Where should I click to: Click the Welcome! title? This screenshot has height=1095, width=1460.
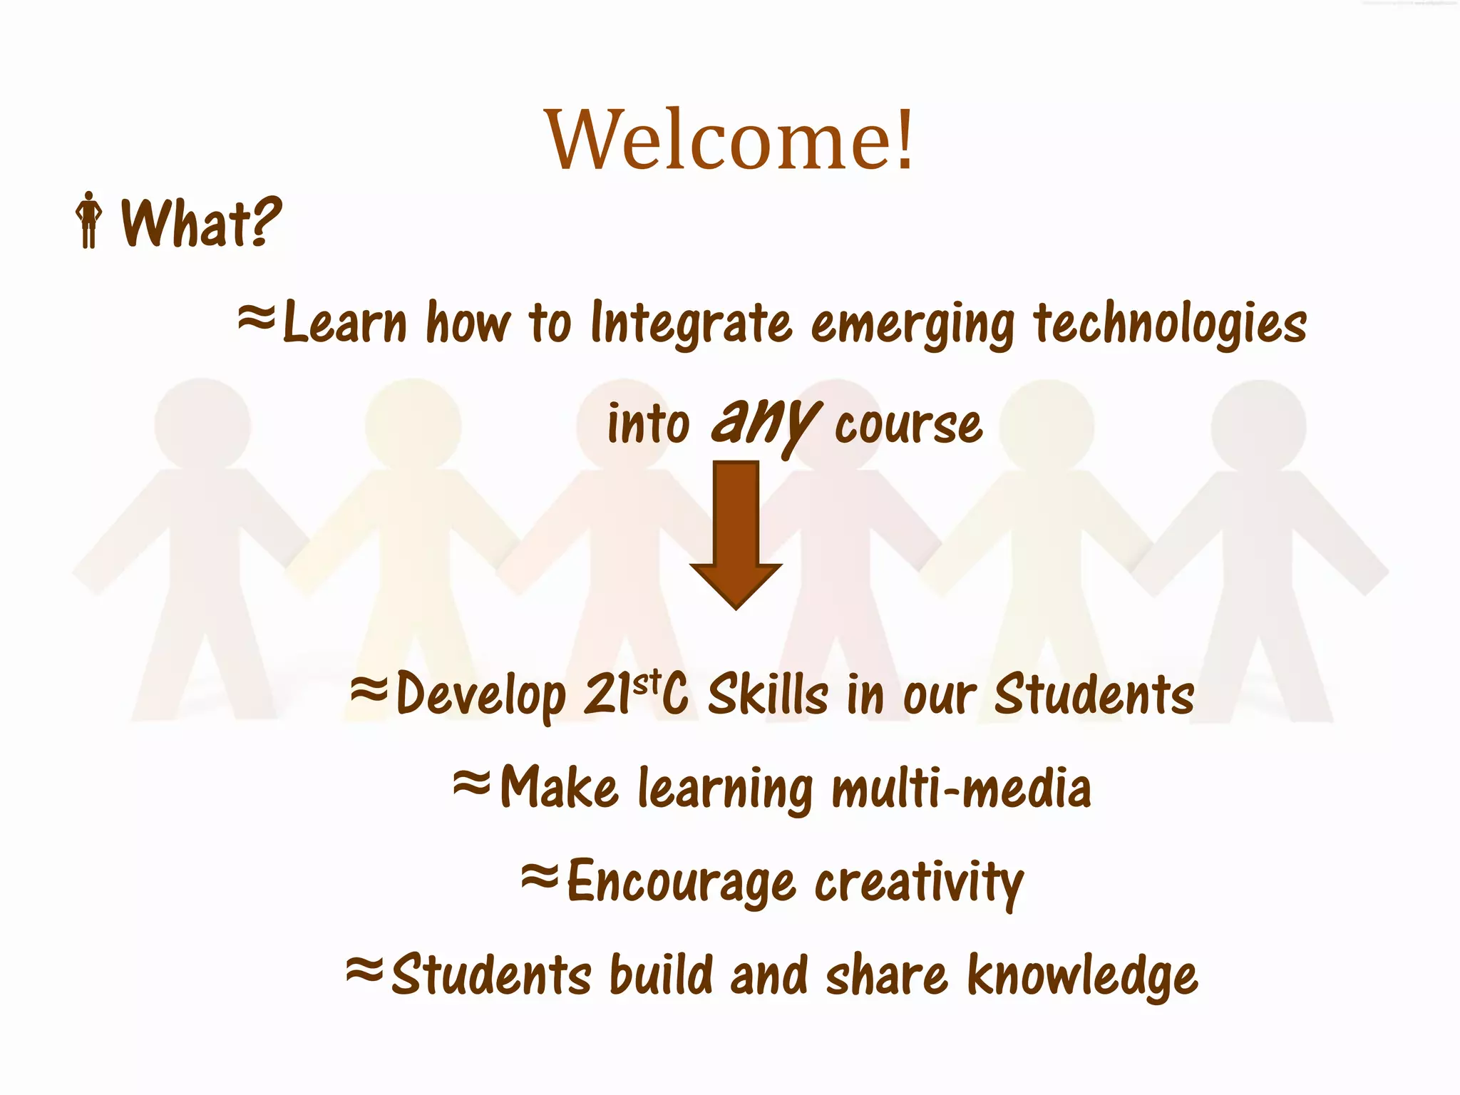729,140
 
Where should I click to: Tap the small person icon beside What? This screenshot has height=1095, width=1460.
89,220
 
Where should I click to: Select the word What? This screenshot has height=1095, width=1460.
201,223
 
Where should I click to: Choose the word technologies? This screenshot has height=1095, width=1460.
1170,324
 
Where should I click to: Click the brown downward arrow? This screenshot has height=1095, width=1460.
736,535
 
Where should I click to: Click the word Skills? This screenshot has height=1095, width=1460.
768,694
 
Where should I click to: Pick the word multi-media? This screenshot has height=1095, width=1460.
961,788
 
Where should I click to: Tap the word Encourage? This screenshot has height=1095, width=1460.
681,883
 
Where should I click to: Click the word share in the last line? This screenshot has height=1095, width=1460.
886,975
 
